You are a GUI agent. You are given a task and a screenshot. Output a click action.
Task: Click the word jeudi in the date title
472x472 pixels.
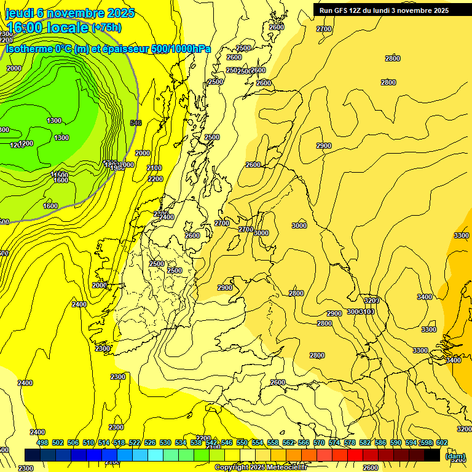[20, 13]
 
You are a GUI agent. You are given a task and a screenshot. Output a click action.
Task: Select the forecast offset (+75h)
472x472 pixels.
[106, 28]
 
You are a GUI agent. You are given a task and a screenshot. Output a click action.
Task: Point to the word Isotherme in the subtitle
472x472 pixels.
[29, 49]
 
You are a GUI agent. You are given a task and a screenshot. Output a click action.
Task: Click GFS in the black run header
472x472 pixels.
[343, 10]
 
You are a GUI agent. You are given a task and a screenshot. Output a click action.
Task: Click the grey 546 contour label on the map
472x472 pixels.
[136, 123]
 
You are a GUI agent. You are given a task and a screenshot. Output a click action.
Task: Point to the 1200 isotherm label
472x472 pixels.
[26, 143]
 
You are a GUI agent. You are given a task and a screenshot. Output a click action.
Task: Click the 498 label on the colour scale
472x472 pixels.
[42, 442]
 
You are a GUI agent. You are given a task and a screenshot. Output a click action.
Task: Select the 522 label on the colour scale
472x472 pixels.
[135, 442]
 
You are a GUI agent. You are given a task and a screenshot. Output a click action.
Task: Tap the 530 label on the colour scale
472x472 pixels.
[165, 442]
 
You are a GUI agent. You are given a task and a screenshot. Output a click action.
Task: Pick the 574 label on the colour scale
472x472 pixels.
[334, 442]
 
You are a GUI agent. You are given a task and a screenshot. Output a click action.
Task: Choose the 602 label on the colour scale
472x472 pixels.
[442, 442]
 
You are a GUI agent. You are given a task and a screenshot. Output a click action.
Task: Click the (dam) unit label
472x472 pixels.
[455, 456]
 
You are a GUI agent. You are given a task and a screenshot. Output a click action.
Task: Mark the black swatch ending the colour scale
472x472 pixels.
[432, 455]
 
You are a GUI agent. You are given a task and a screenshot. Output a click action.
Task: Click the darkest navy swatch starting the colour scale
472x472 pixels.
[33, 455]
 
